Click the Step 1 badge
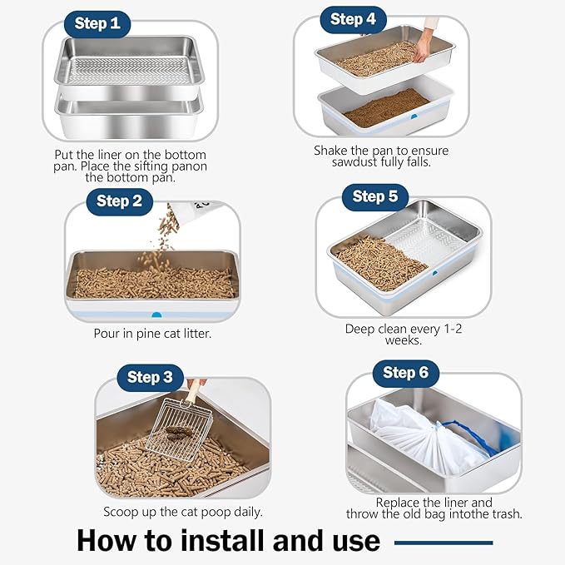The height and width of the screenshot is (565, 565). (97, 23)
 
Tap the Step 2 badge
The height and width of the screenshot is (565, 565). (119, 201)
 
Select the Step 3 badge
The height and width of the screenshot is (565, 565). (150, 377)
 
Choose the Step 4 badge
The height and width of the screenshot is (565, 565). (353, 19)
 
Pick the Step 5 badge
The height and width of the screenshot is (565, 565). (375, 196)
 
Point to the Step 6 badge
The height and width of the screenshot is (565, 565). (405, 372)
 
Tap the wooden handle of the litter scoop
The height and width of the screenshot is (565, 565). (193, 392)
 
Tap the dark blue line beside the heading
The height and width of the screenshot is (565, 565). (443, 543)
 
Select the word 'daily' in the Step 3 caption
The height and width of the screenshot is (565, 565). (245, 512)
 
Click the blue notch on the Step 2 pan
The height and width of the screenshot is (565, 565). (156, 315)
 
